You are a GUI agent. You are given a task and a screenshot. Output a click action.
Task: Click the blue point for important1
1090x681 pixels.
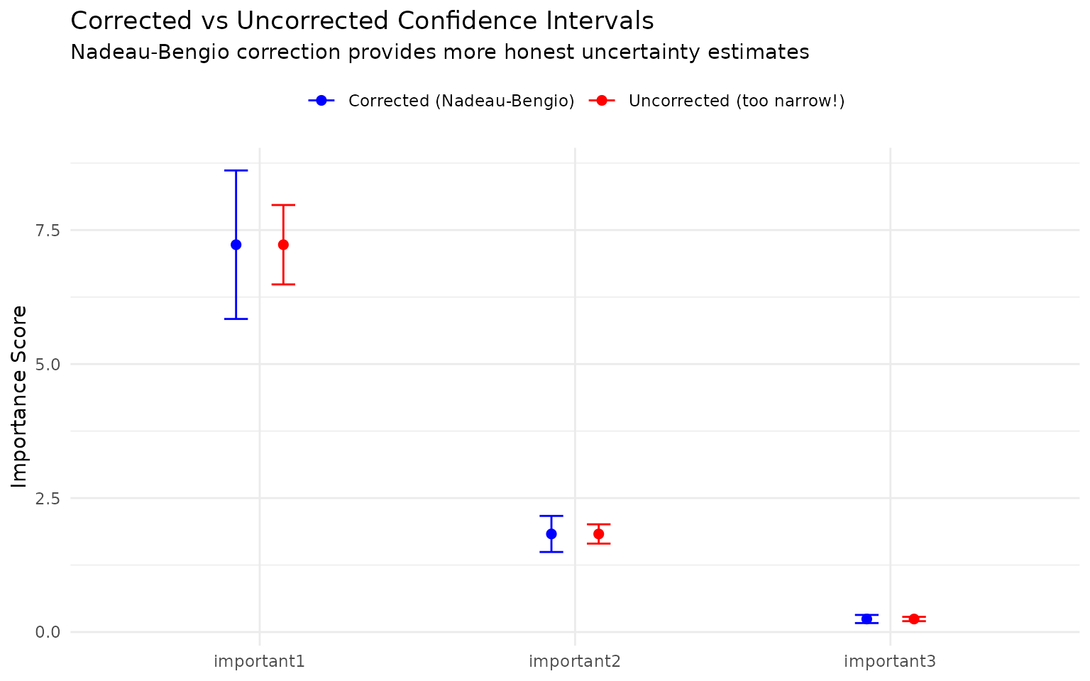236,245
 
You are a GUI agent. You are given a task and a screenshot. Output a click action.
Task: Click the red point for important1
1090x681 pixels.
283,245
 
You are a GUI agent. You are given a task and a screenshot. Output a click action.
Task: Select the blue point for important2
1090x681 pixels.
551,534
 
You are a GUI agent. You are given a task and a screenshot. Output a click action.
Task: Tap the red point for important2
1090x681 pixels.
598,534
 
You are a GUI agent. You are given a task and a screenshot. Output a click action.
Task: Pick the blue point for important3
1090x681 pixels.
866,619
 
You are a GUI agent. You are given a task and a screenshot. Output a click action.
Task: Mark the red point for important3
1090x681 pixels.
914,619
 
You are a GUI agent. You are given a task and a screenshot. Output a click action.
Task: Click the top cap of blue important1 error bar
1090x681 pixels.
236,170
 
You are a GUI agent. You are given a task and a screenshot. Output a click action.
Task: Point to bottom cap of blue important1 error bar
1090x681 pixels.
236,319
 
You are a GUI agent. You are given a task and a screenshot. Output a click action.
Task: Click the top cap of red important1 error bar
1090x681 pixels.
283,205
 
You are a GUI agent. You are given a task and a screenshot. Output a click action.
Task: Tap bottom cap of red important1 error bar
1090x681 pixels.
283,284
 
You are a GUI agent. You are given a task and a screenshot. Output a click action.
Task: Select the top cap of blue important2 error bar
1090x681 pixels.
551,516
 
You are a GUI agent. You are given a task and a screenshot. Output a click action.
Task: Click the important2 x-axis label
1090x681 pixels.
575,662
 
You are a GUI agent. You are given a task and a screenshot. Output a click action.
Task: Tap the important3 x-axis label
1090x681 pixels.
890,662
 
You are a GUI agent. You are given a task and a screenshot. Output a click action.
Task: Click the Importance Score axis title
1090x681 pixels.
20,397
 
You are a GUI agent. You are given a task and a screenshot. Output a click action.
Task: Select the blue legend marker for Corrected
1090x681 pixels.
321,101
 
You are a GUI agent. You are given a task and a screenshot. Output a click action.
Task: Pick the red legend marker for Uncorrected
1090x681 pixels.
601,101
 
